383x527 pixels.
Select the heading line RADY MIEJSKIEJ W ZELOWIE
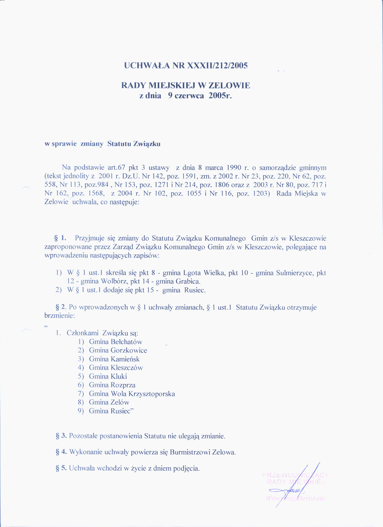point(186,85)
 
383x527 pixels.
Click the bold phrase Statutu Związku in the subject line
point(134,144)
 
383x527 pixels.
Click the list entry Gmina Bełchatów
point(115,342)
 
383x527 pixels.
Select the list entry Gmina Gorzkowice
point(118,350)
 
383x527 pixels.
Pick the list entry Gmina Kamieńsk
point(114,359)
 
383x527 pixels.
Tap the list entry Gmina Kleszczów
point(116,367)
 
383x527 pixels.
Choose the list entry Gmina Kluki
point(108,376)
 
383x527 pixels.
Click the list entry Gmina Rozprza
point(112,385)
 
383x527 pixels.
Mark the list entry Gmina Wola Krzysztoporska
point(132,394)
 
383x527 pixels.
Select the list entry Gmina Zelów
point(109,402)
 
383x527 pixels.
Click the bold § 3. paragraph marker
point(61,436)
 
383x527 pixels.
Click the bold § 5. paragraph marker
point(61,468)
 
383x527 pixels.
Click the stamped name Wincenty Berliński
point(296,498)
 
